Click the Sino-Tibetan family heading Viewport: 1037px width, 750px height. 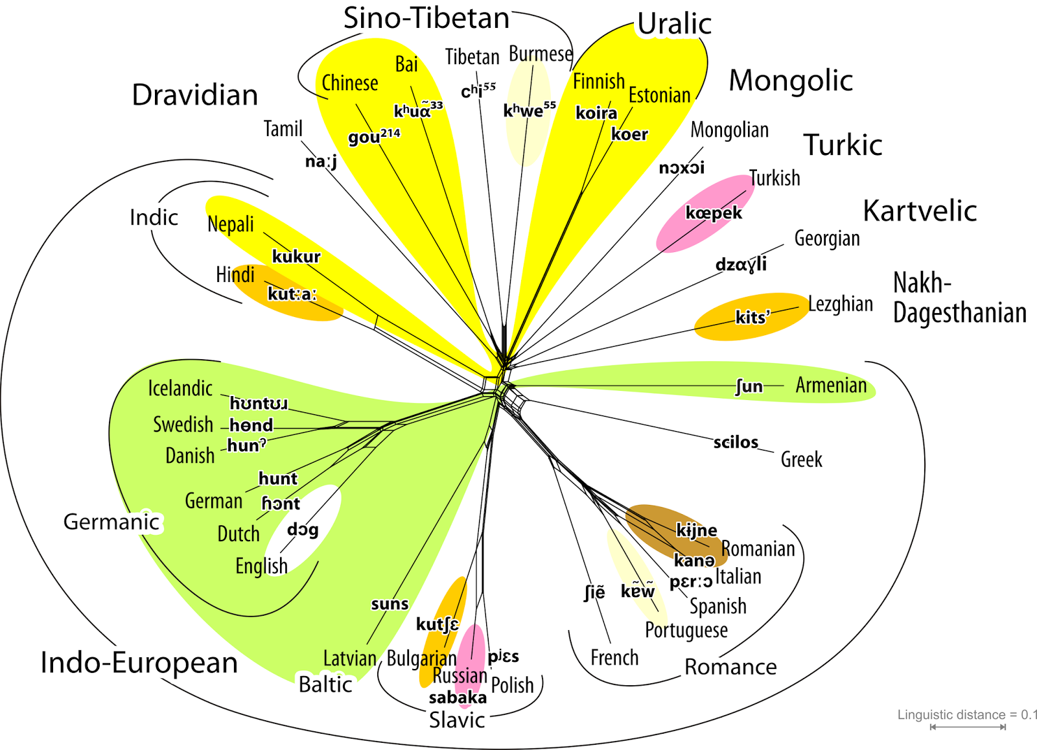[426, 18]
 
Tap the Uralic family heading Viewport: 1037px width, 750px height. [674, 24]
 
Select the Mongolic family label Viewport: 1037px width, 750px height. [791, 81]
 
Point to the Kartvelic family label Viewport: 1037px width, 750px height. [920, 211]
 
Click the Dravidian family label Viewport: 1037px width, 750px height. [195, 95]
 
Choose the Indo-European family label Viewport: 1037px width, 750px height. [139, 662]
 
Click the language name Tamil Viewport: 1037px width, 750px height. [283, 129]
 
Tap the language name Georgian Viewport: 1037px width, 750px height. [827, 239]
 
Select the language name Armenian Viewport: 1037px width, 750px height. [831, 385]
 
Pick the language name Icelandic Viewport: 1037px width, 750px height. [180, 388]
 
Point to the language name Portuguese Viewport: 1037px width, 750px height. [686, 630]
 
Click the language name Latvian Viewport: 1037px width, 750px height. [350, 659]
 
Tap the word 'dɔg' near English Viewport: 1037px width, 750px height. [303, 530]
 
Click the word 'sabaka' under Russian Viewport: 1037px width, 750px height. [458, 697]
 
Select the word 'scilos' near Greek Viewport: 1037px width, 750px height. [736, 442]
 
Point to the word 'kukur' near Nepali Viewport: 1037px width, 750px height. [296, 257]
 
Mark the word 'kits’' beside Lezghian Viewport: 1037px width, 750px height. [752, 317]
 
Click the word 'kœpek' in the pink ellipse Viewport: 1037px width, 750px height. [714, 213]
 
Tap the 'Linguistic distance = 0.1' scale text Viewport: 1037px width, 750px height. [966, 715]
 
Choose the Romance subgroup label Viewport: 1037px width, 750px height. [730, 667]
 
